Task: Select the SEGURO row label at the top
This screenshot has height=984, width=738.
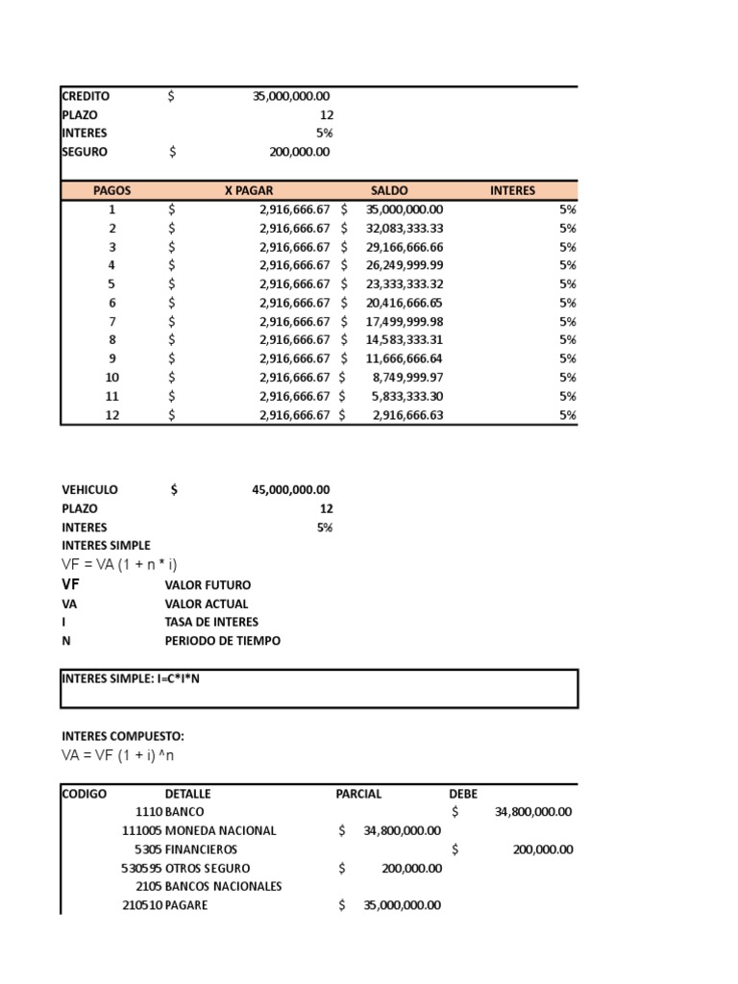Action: tap(85, 152)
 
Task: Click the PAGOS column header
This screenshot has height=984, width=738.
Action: tap(111, 190)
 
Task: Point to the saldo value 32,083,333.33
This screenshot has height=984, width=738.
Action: tap(405, 228)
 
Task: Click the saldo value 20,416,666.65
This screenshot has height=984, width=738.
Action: tap(405, 303)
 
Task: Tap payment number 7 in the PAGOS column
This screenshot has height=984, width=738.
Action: tap(111, 321)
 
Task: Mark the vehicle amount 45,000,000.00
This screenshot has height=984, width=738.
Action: tap(290, 490)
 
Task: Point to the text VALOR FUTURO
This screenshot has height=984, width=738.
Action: tap(208, 585)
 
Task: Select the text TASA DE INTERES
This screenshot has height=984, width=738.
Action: tap(211, 623)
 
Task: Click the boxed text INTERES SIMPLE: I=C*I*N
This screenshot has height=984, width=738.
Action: tap(131, 678)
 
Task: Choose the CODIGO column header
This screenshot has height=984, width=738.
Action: tap(85, 794)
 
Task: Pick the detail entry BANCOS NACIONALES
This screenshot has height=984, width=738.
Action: tap(223, 887)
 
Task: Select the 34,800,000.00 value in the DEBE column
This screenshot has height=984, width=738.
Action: tap(532, 812)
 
